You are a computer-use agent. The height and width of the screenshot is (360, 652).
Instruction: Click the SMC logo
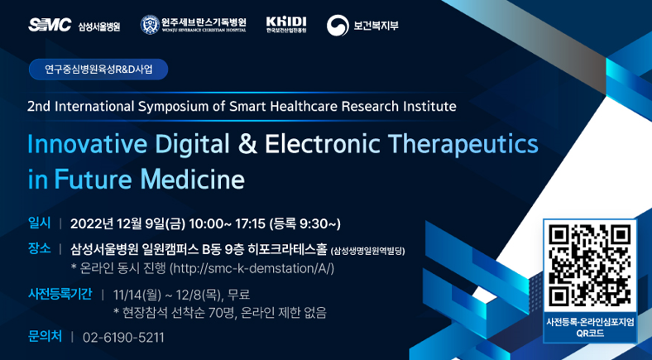(50, 25)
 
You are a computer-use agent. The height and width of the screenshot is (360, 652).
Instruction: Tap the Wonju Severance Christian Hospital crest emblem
(150, 25)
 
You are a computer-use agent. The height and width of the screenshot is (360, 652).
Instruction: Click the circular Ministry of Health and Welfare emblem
(338, 26)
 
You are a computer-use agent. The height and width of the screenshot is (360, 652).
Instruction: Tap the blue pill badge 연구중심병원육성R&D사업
(98, 70)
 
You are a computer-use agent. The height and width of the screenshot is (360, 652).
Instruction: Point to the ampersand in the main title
(247, 144)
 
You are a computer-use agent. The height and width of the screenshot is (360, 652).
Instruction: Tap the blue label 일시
(39, 223)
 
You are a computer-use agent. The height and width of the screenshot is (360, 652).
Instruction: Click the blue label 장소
(39, 248)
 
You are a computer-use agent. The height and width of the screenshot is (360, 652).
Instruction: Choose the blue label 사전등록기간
(60, 295)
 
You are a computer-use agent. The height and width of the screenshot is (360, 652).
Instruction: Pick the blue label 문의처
(45, 336)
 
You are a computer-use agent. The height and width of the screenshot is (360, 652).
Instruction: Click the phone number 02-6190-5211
(123, 337)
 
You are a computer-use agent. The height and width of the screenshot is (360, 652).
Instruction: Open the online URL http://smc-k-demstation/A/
(253, 268)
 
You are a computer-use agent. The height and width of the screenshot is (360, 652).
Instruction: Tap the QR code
(590, 265)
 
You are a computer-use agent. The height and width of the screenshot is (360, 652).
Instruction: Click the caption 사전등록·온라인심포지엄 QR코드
(590, 327)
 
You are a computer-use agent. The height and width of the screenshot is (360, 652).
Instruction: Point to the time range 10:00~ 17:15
(227, 224)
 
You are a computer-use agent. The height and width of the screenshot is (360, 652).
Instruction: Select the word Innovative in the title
(87, 144)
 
